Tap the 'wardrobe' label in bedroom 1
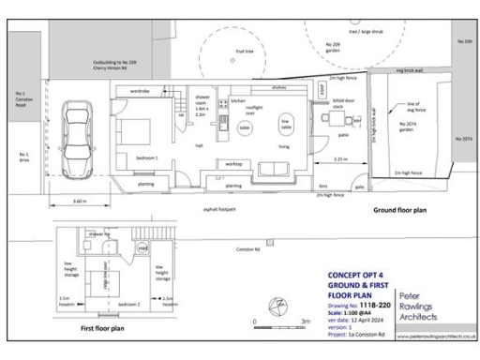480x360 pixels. pyautogui.click(x=141, y=91)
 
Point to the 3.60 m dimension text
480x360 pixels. pyautogui.click(x=80, y=202)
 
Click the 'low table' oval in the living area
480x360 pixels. pyautogui.click(x=285, y=122)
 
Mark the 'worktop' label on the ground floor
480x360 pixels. pyautogui.click(x=233, y=163)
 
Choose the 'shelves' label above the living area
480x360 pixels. pyautogui.click(x=278, y=87)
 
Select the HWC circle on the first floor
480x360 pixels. pyautogui.click(x=142, y=247)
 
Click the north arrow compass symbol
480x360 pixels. pyautogui.click(x=277, y=305)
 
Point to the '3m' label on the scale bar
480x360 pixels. pyautogui.click(x=306, y=322)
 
